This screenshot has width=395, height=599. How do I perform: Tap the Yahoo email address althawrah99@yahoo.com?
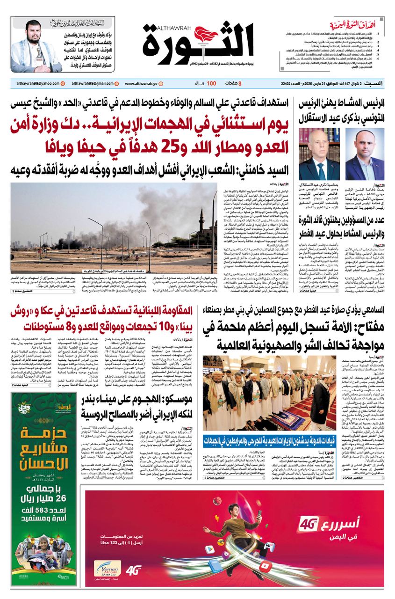(x=35, y=84)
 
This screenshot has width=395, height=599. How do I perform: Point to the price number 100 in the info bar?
(x=211, y=84)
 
